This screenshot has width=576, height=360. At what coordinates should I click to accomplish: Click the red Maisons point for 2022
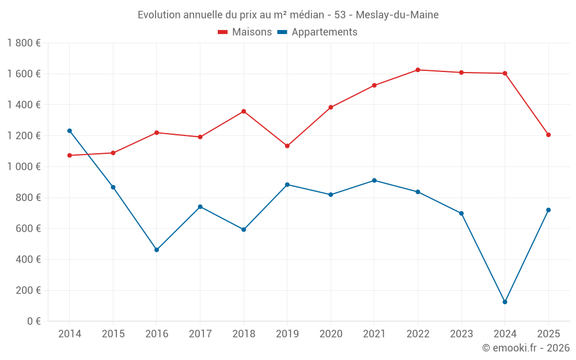point(418,70)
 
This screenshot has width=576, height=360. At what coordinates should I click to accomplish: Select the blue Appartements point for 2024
point(505,302)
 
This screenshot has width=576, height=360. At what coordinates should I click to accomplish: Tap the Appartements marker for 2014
point(70,131)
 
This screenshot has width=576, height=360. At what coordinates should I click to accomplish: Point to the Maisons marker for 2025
point(548,135)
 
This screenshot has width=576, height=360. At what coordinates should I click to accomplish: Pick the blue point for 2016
point(157,250)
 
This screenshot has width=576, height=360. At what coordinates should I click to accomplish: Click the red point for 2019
point(287,146)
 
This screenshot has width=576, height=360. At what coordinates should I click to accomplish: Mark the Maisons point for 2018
point(244,111)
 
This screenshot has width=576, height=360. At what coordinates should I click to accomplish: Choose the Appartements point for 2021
point(374,180)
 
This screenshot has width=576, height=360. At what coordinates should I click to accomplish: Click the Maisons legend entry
point(245,32)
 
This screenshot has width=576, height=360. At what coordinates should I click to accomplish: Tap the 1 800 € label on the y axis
point(24,43)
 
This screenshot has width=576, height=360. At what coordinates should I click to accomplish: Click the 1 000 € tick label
point(24,166)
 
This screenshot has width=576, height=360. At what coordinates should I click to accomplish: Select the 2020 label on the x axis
point(331,334)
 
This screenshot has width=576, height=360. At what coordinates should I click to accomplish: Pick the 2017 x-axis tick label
point(200,334)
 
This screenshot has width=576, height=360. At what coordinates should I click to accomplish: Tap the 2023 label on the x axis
point(461,334)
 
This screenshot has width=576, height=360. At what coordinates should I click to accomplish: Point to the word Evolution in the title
point(160,15)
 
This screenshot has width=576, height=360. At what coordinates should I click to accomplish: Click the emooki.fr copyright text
point(526,348)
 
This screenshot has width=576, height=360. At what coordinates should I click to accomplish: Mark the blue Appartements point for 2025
point(548,210)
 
